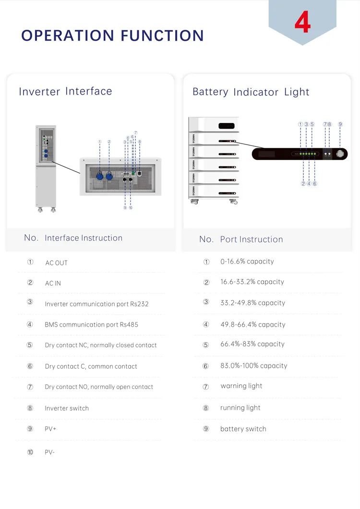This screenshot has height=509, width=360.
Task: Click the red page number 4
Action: pyautogui.click(x=302, y=23)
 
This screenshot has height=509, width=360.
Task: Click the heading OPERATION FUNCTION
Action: pyautogui.click(x=113, y=36)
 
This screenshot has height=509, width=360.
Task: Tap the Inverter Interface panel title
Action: pyautogui.click(x=65, y=91)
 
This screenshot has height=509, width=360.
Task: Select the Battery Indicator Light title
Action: pyautogui.click(x=251, y=92)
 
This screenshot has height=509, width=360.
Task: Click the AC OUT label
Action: pyautogui.click(x=56, y=263)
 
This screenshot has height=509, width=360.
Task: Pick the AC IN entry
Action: pyautogui.click(x=53, y=283)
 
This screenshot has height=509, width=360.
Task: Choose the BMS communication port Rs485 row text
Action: pyautogui.click(x=91, y=325)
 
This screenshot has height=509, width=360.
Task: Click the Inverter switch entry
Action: pyautogui.click(x=67, y=408)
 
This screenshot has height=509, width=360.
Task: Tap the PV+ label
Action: pyautogui.click(x=50, y=429)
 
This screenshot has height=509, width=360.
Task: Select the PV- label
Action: pyautogui.click(x=49, y=452)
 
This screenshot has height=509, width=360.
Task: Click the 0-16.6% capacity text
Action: pyautogui.click(x=247, y=262)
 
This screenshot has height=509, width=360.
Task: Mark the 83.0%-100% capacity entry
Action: pyautogui.click(x=253, y=366)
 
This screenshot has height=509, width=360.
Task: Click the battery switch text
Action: pyautogui.click(x=243, y=429)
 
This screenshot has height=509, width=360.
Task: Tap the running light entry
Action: pyautogui.click(x=240, y=408)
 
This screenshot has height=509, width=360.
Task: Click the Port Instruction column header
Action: pyautogui.click(x=251, y=239)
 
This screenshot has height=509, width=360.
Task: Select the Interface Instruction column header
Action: pyautogui.click(x=83, y=238)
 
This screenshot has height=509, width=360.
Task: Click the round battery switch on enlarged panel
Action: pyautogui.click(x=340, y=154)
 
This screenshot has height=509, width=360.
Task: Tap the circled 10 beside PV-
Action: pyautogui.click(x=30, y=452)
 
